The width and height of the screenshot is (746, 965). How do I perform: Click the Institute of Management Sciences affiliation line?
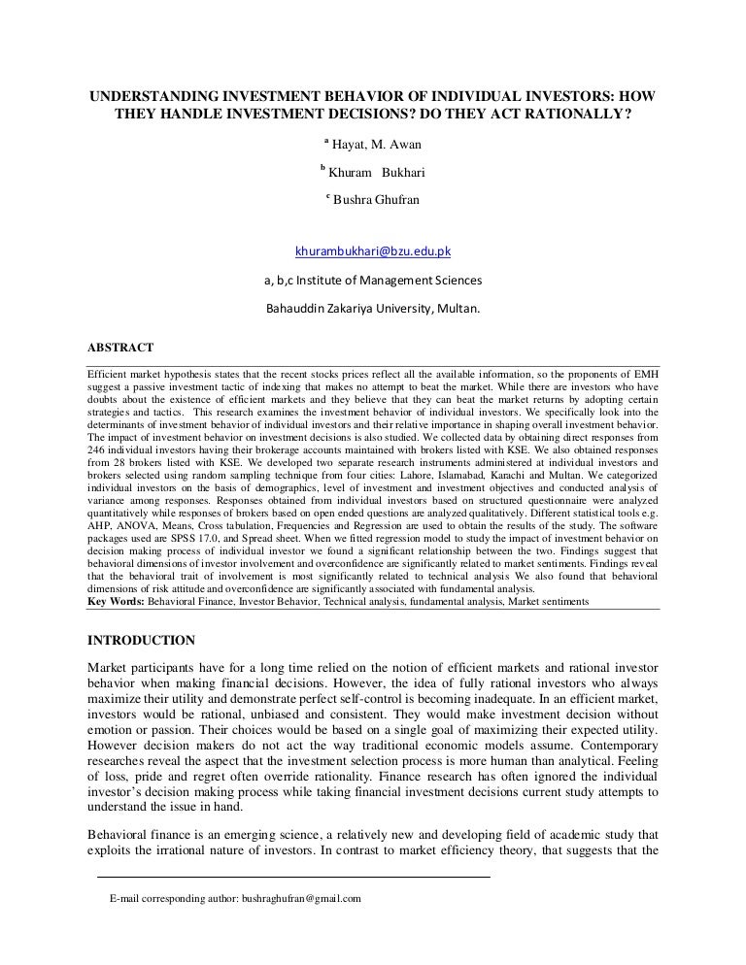[372, 282]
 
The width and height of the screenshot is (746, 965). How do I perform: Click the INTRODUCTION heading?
[141, 640]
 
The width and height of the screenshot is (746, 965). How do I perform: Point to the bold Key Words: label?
[116, 602]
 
